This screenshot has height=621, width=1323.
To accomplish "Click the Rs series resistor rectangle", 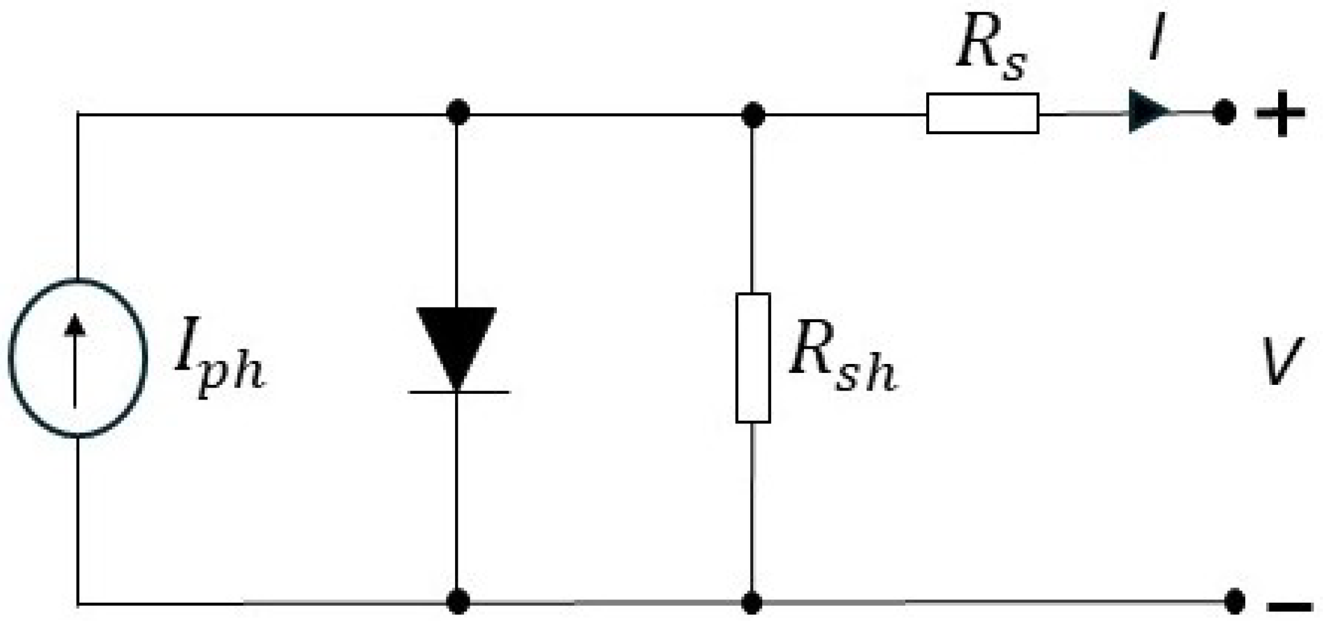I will click(x=982, y=113).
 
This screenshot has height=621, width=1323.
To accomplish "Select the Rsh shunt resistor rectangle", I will click(x=753, y=358).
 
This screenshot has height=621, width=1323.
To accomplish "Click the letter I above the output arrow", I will click(x=1157, y=38).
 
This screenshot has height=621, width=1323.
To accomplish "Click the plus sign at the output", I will click(x=1280, y=114).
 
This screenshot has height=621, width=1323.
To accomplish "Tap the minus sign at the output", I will click(x=1289, y=606).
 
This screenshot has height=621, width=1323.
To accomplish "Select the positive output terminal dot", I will click(x=1224, y=113).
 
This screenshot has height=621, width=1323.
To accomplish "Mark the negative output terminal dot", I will click(x=1234, y=601).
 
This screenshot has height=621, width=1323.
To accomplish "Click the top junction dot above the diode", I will click(x=458, y=112).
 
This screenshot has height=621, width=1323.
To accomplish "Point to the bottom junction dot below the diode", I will click(x=458, y=601).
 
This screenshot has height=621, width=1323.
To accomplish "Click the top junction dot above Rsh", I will click(x=753, y=115).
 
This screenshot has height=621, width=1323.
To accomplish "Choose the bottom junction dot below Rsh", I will click(x=751, y=601).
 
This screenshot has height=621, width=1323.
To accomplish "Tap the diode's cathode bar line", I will click(x=459, y=392).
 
